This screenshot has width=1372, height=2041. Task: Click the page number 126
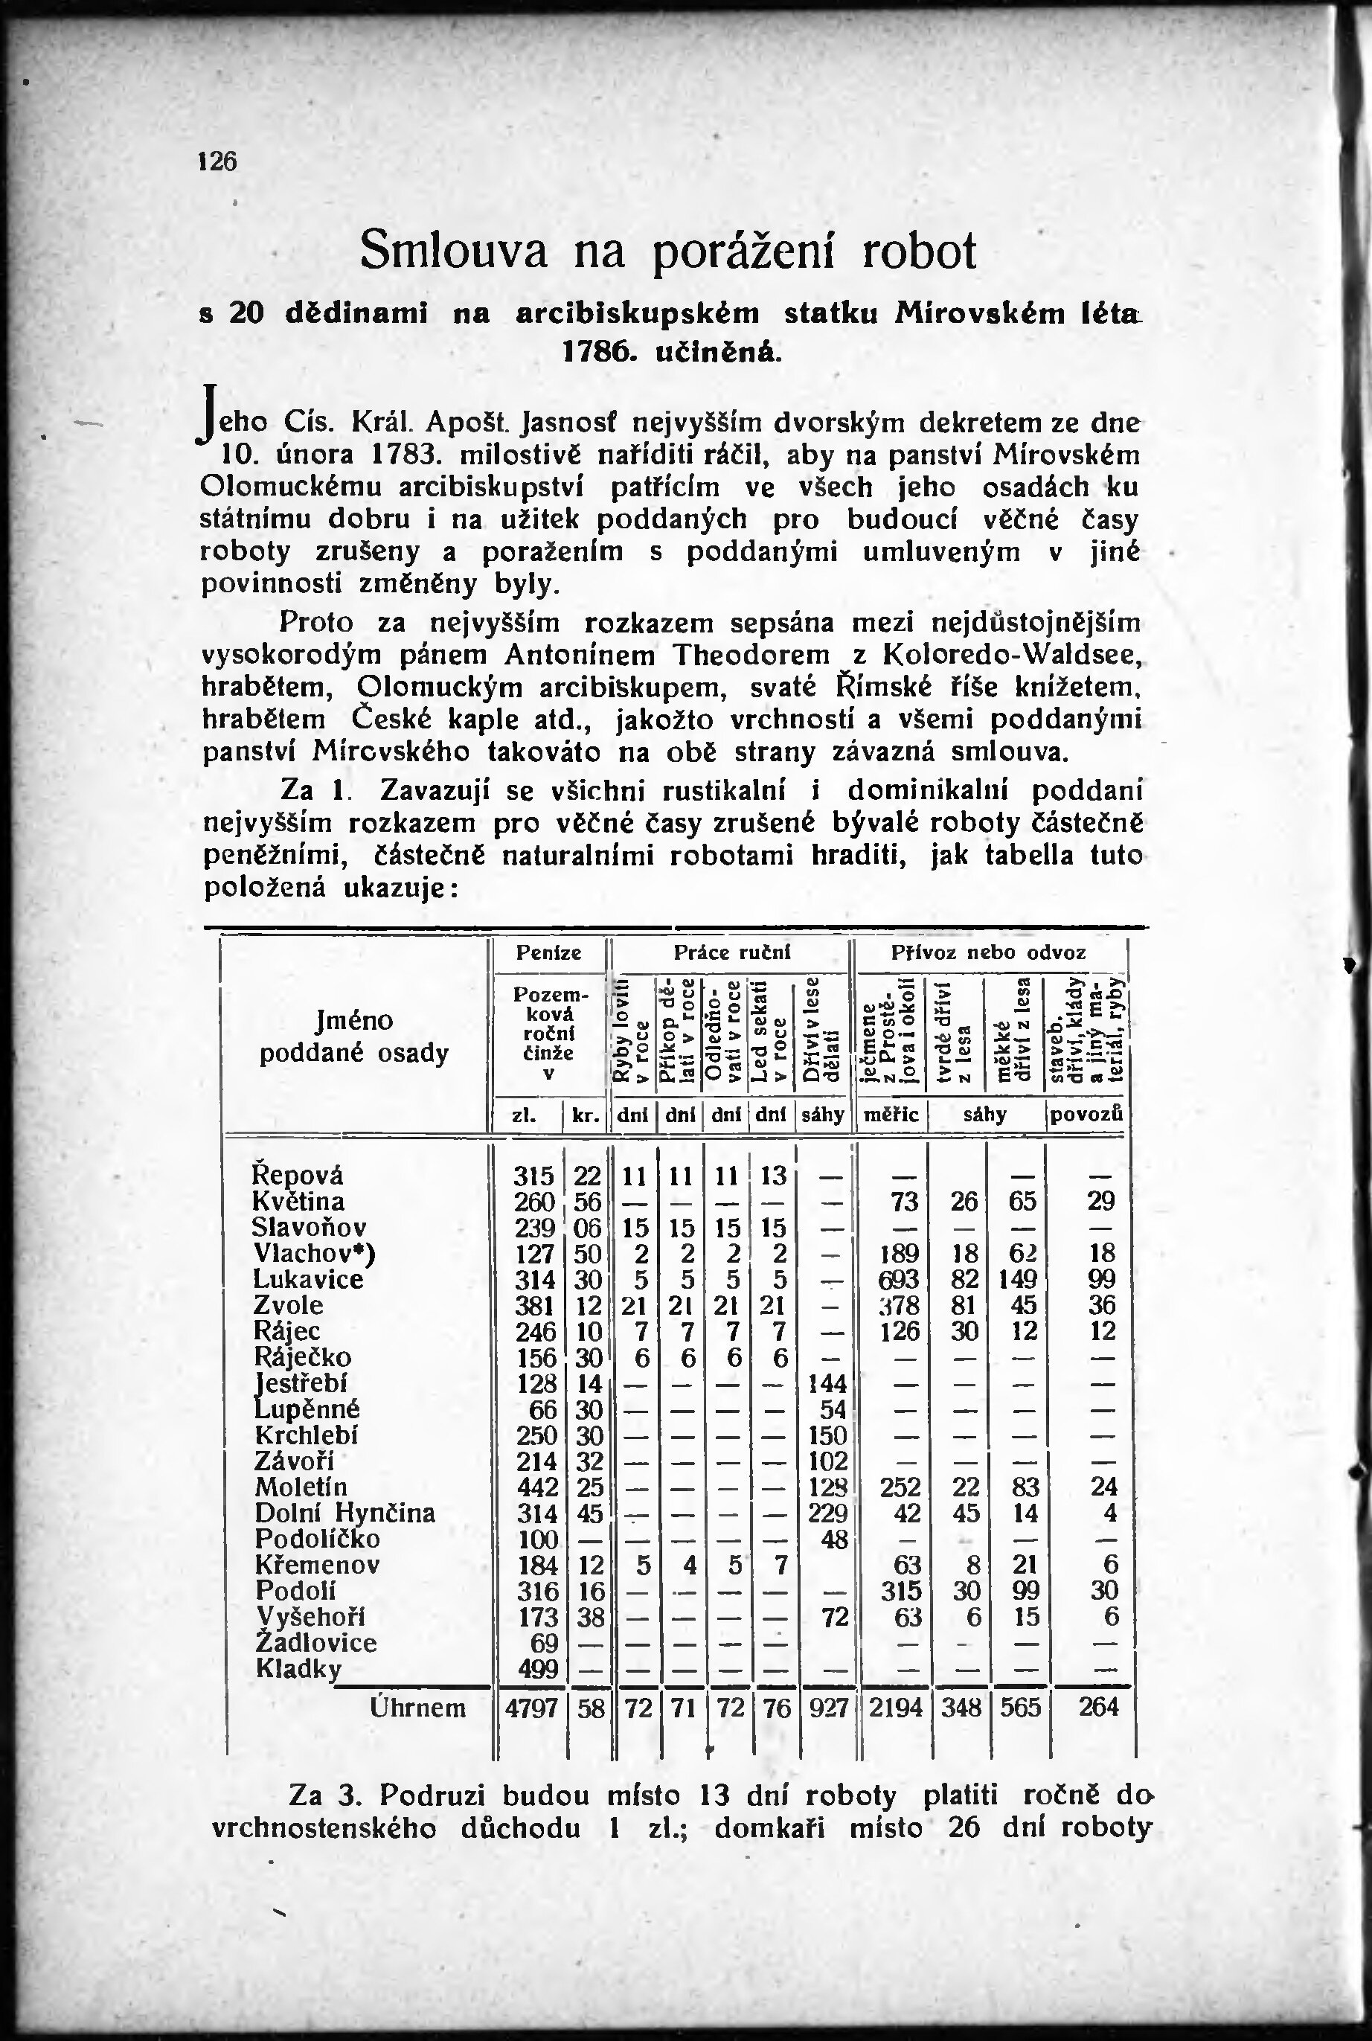coord(218,162)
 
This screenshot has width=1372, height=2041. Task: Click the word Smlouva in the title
coord(453,250)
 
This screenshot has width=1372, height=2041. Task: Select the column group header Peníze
coord(548,952)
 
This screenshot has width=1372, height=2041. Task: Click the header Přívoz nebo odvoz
coord(988,952)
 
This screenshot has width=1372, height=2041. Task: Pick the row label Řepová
coord(298,1175)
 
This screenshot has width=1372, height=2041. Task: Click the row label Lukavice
coord(308,1279)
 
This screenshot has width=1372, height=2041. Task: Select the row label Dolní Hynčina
coord(344,1513)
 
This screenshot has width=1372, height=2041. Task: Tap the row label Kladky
coord(298,1668)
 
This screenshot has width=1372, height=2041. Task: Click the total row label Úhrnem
coord(418,1708)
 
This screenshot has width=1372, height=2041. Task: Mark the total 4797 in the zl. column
coord(532,1708)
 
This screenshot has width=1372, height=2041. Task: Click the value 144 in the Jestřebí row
coord(827,1383)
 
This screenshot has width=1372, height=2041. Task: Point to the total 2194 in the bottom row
coord(896,1708)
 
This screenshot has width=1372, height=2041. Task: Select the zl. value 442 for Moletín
coord(536,1487)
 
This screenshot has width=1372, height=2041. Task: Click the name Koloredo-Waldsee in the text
coord(1011,654)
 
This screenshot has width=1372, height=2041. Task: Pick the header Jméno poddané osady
coord(353,1036)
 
